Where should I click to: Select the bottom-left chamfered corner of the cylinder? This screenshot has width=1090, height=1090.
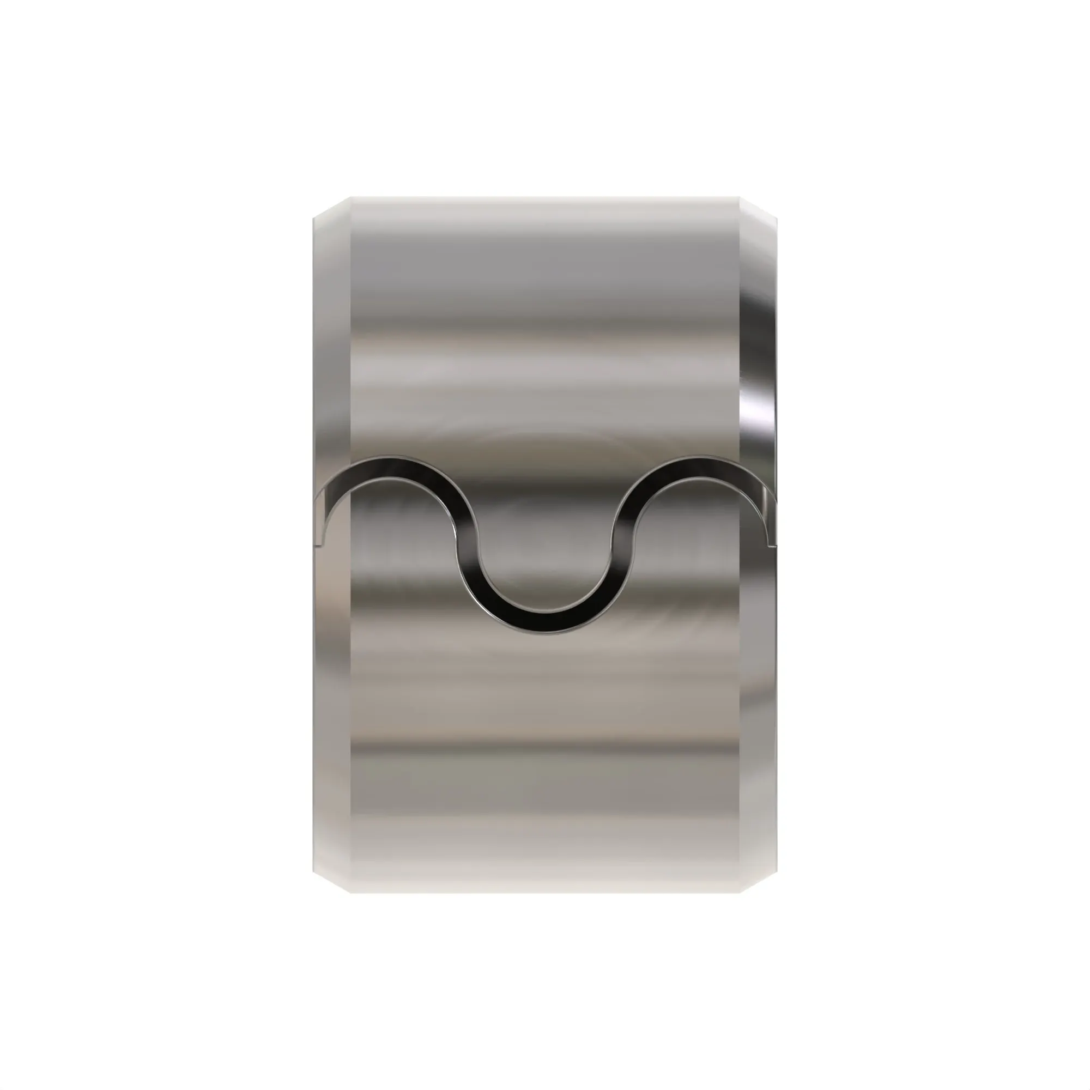(332, 882)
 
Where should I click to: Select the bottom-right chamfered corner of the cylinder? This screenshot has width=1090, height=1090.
(758, 882)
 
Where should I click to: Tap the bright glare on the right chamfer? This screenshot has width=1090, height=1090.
(756, 412)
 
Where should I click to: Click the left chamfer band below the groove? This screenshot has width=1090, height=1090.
(332, 705)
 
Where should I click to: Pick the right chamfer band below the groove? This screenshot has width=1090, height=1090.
(758, 705)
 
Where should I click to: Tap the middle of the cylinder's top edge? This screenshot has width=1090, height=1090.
(544, 197)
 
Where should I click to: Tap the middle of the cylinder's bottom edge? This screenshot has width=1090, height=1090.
(544, 892)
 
